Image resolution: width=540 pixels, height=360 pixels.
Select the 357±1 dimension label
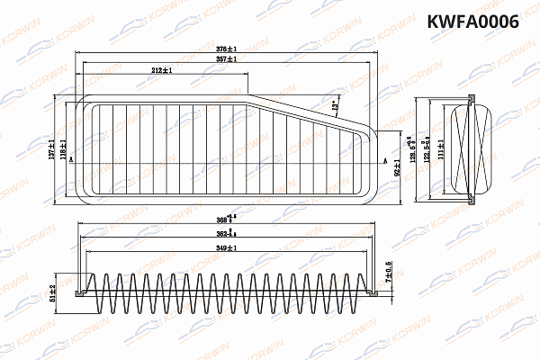pyautogui.click(x=226, y=58)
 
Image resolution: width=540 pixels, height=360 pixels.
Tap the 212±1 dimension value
pyautogui.click(x=162, y=69)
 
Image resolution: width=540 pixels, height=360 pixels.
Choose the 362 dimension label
pyautogui.click(x=229, y=233)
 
